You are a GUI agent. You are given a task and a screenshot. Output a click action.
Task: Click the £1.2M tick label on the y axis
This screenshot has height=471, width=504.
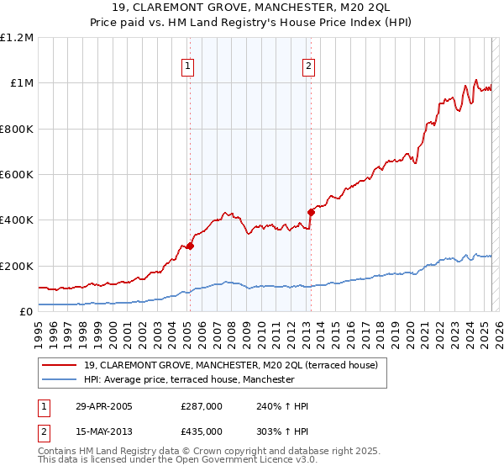pyautogui.click(x=17, y=38)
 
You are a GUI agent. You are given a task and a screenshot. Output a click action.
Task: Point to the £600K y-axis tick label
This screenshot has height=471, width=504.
pyautogui.click(x=17, y=175)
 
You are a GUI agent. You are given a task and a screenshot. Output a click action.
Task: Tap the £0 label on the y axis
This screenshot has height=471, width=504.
pyautogui.click(x=26, y=312)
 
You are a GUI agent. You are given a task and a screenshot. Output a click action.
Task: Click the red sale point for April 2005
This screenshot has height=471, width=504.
pyautogui.click(x=190, y=246)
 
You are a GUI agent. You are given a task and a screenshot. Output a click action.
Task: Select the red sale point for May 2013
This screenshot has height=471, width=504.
pyautogui.click(x=311, y=212)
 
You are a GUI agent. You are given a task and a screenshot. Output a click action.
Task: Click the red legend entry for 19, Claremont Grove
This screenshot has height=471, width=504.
pyautogui.click(x=231, y=365)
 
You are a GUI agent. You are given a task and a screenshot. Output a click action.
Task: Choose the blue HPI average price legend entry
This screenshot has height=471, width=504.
pyautogui.click(x=189, y=379)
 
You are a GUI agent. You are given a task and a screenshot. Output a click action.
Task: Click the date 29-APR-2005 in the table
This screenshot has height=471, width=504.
pyautogui.click(x=103, y=407)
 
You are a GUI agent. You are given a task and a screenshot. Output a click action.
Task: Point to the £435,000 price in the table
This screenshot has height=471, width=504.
pyautogui.click(x=202, y=431)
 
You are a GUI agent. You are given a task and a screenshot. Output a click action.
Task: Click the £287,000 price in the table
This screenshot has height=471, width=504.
pyautogui.click(x=202, y=407)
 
